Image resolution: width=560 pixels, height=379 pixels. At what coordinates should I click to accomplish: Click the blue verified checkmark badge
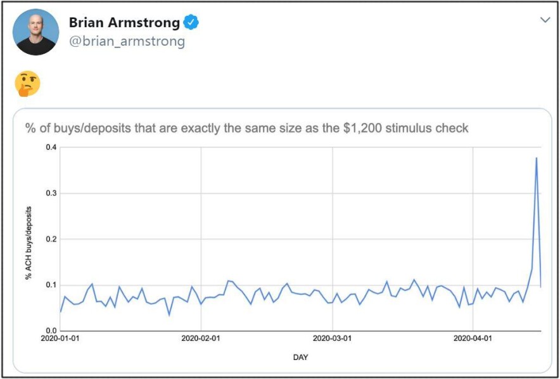191,23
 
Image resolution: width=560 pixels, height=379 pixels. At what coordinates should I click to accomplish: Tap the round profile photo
35,32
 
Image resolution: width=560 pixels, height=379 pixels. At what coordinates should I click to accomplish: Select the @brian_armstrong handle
127,41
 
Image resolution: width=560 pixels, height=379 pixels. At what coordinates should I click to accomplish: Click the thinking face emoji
27,84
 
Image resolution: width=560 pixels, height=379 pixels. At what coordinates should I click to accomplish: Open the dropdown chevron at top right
545,20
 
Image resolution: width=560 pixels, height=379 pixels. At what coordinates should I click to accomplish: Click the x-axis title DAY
300,357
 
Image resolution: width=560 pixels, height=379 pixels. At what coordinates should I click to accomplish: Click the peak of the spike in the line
537,158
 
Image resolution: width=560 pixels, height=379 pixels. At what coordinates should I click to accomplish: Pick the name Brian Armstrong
124,23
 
